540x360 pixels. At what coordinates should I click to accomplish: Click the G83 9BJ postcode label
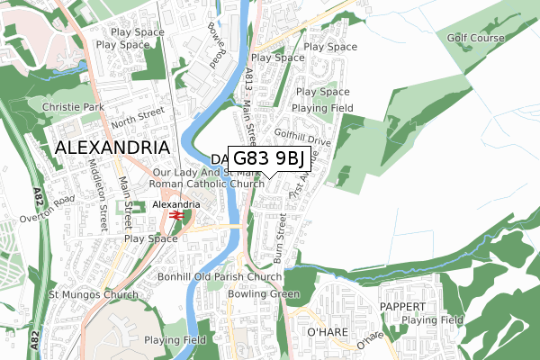(270, 159)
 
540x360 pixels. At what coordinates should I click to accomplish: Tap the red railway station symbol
(177, 216)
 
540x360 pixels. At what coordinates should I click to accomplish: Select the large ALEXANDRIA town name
(112, 148)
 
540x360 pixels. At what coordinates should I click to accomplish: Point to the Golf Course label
(477, 38)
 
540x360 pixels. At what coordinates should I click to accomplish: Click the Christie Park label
(73, 106)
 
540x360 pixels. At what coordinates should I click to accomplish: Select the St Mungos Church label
(94, 294)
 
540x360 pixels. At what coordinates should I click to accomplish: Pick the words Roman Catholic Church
(208, 184)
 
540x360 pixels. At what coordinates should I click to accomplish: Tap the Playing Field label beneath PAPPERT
(433, 319)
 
